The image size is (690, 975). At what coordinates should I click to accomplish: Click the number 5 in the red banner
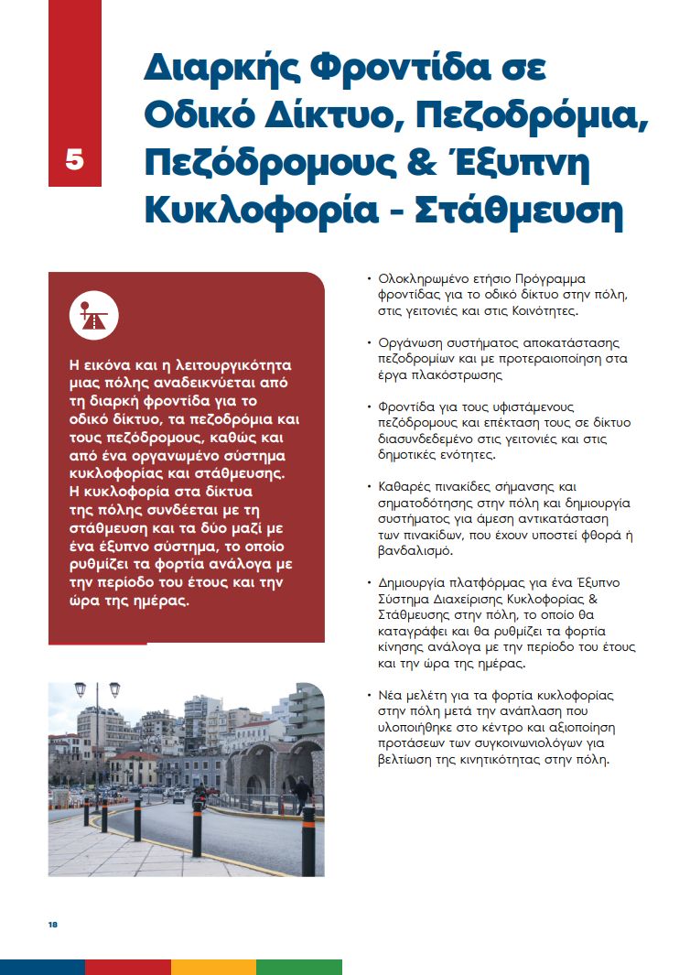click(74, 159)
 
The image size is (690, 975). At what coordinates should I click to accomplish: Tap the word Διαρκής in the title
click(217, 70)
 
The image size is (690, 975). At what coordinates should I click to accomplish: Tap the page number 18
click(53, 925)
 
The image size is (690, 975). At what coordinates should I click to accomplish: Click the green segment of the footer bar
click(298, 967)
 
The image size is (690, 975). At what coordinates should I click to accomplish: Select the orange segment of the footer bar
click(213, 967)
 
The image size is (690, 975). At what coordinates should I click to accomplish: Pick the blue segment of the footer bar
click(42, 967)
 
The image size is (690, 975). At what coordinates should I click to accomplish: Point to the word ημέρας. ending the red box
click(166, 601)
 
